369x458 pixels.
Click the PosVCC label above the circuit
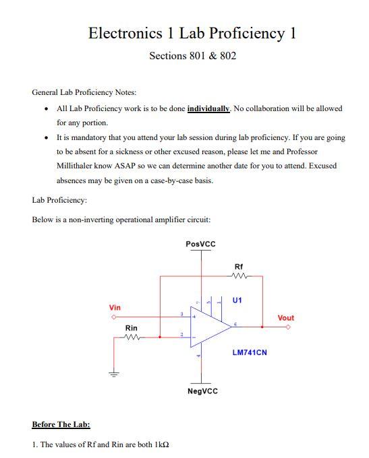[x=200, y=243]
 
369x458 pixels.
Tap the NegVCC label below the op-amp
[x=202, y=391]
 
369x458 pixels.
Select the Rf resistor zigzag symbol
[x=240, y=275]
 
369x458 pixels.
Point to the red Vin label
[x=115, y=307]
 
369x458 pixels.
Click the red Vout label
[x=285, y=318]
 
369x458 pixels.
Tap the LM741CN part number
[x=250, y=352]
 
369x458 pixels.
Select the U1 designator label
[x=237, y=300]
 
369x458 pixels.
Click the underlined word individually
[x=208, y=108]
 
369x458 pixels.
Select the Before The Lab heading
[x=61, y=424]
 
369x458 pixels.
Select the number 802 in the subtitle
[x=227, y=55]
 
